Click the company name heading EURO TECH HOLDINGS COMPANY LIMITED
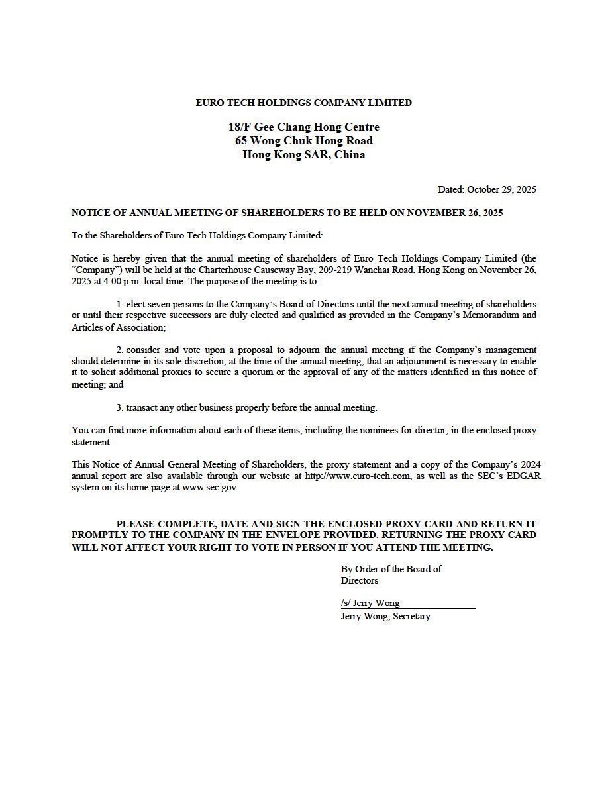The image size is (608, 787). pyautogui.click(x=303, y=103)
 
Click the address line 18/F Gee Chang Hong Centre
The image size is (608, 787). pyautogui.click(x=303, y=127)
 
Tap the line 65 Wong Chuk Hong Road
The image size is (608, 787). pyautogui.click(x=303, y=140)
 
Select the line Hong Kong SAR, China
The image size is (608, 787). pyautogui.click(x=303, y=155)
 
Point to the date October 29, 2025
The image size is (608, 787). pyautogui.click(x=501, y=189)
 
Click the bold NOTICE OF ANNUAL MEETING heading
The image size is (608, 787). pyautogui.click(x=287, y=213)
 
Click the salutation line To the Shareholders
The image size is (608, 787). pyautogui.click(x=197, y=235)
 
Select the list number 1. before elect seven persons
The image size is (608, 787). pyautogui.click(x=120, y=303)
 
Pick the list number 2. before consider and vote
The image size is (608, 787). pyautogui.click(x=120, y=349)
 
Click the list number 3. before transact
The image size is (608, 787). pyautogui.click(x=120, y=407)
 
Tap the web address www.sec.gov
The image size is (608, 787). pyautogui.click(x=209, y=487)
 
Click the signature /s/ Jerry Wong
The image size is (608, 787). pyautogui.click(x=370, y=603)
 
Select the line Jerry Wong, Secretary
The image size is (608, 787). pyautogui.click(x=385, y=616)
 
